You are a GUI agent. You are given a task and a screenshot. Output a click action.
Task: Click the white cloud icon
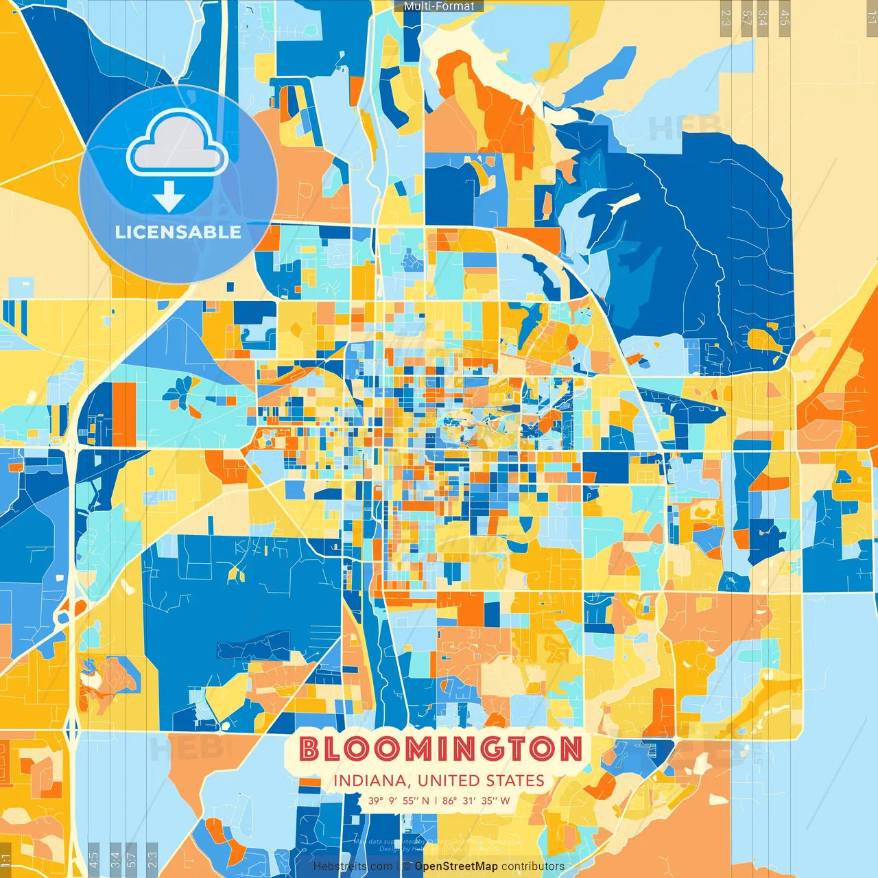pos(177,144)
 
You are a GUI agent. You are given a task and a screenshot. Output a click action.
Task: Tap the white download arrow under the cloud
pos(169,198)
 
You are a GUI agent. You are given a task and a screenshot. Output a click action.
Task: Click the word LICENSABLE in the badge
pos(178,232)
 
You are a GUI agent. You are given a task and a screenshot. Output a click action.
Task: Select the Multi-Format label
pos(439,6)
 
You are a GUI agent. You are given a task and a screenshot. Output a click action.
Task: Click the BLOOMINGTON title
pos(441,749)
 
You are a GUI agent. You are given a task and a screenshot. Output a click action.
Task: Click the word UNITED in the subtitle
pos(449,781)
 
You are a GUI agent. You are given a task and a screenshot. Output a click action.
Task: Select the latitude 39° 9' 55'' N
pos(399,800)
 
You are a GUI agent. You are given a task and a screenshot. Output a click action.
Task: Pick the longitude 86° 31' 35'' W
pos(476,800)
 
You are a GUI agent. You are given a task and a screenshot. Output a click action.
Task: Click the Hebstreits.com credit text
pos(353,866)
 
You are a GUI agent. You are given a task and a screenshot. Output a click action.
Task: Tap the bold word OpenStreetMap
pos(455,866)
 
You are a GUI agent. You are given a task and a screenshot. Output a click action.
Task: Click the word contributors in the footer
pos(533,866)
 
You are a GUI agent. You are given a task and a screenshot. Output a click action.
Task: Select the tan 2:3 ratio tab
pos(726,18)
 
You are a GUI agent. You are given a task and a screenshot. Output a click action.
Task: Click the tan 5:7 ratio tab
pos(746,18)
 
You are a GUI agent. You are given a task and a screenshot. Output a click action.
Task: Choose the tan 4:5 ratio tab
pos(785,18)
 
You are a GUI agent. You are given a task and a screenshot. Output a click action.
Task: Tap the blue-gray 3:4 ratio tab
pos(115,858)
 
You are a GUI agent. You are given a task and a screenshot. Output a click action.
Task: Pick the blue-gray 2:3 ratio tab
pos(152,858)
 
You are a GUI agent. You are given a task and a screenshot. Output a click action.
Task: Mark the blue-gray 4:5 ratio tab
pos(93,858)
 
